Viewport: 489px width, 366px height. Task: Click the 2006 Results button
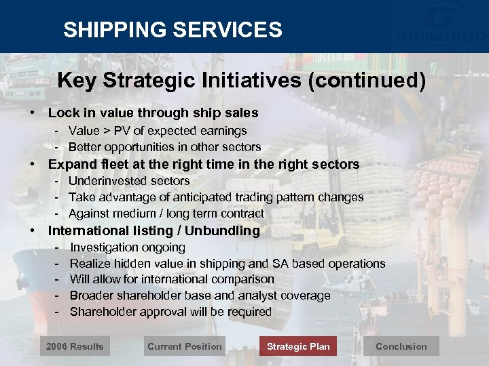(75, 346)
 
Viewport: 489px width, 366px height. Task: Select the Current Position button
(184, 346)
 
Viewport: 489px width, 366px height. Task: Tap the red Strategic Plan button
(298, 346)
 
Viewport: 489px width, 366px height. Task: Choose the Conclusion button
(401, 346)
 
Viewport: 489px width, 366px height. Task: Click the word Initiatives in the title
(253, 81)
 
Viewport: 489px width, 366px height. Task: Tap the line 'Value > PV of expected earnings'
(158, 131)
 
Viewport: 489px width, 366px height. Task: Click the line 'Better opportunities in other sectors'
(164, 147)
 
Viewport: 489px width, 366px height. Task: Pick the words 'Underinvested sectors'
(129, 181)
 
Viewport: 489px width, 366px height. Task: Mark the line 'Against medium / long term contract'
(166, 213)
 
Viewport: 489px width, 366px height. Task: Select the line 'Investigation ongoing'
(128, 247)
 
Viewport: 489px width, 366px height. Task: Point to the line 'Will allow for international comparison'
(172, 279)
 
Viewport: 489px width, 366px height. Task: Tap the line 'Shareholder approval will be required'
(170, 312)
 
